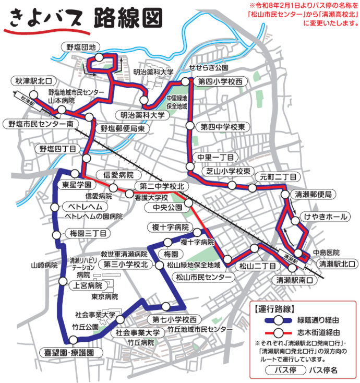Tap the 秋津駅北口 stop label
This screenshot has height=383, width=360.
pos(33,81)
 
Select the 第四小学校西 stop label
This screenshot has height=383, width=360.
pos(220,82)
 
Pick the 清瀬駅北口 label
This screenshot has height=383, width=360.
pos(336,264)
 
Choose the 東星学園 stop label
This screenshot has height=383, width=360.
pos(77,185)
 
